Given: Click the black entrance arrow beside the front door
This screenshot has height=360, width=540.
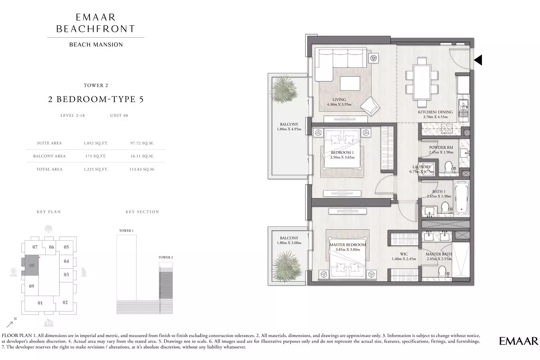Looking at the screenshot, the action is (478, 60).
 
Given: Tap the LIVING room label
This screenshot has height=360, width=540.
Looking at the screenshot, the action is (339, 99).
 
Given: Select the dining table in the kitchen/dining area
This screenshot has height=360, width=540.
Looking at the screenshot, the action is (422, 82).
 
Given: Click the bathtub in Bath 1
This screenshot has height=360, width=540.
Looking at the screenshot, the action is (461, 198).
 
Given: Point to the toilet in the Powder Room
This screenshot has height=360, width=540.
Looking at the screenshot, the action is (448, 167).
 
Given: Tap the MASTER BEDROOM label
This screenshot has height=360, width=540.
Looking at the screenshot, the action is (347, 245).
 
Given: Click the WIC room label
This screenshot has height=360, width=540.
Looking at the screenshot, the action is (404, 254).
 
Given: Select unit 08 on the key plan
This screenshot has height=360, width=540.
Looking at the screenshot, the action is (31, 265).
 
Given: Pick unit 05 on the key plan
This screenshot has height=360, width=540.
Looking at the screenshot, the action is (66, 247).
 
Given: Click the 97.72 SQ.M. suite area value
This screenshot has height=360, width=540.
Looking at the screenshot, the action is (142, 143).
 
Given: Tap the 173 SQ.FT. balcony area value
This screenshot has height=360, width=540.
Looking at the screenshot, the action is (96, 156).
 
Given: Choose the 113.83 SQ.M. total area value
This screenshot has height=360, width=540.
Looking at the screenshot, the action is (142, 169).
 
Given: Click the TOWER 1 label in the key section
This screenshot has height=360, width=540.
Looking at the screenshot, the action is (126, 231).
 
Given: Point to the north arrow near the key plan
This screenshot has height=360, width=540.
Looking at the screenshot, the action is (10, 324).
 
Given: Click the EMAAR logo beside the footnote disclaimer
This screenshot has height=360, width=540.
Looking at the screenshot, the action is (518, 341).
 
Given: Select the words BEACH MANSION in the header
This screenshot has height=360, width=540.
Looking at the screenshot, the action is (96, 45).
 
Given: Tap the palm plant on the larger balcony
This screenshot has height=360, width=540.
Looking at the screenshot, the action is (284, 89).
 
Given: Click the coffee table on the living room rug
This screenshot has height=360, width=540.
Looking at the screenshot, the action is (350, 83).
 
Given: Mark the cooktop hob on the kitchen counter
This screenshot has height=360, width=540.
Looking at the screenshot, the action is (446, 129).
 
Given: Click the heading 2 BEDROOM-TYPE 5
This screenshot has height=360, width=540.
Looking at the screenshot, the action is (96, 99).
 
